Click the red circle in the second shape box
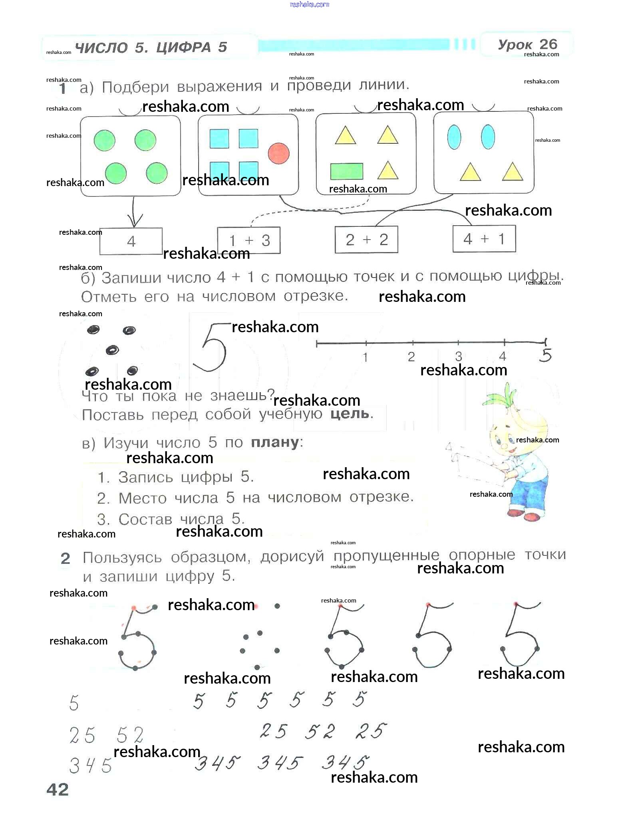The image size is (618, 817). pyautogui.click(x=278, y=153)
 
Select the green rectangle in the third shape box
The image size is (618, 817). pyautogui.click(x=346, y=171)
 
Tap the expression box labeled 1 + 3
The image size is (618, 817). pyautogui.click(x=248, y=240)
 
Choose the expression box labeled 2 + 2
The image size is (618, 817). pyautogui.click(x=366, y=240)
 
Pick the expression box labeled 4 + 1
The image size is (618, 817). pyautogui.click(x=484, y=239)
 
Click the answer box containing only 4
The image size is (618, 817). pyautogui.click(x=131, y=241)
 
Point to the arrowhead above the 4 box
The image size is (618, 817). pyautogui.click(x=135, y=221)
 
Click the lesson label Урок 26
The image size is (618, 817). pyautogui.click(x=527, y=44)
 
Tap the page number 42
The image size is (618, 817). pyautogui.click(x=58, y=789)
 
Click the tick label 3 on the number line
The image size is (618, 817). pyautogui.click(x=458, y=356)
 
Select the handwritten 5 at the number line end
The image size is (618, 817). pyautogui.click(x=545, y=355)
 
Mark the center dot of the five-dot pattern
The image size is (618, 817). pyautogui.click(x=112, y=350)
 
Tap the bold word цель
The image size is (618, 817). pyautogui.click(x=350, y=413)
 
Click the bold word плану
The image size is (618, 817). pyautogui.click(x=275, y=442)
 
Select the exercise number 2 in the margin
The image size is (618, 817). pyautogui.click(x=65, y=559)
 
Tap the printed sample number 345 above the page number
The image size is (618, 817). pyautogui.click(x=90, y=765)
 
